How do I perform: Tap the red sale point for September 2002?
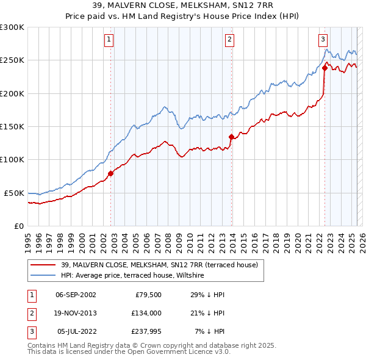110,173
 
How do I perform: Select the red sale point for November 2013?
231,137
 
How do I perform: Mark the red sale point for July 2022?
325,68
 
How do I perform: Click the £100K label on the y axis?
12,159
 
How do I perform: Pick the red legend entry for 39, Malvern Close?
160,265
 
